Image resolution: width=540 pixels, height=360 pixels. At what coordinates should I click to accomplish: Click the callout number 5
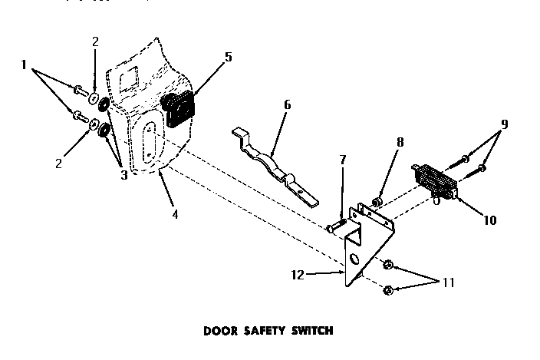(x=227, y=56)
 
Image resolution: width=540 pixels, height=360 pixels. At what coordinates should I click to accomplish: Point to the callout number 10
(x=489, y=220)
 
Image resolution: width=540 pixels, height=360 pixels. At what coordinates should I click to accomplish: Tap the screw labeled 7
(x=334, y=226)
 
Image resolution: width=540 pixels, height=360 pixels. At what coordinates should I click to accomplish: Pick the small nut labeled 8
(x=377, y=203)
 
